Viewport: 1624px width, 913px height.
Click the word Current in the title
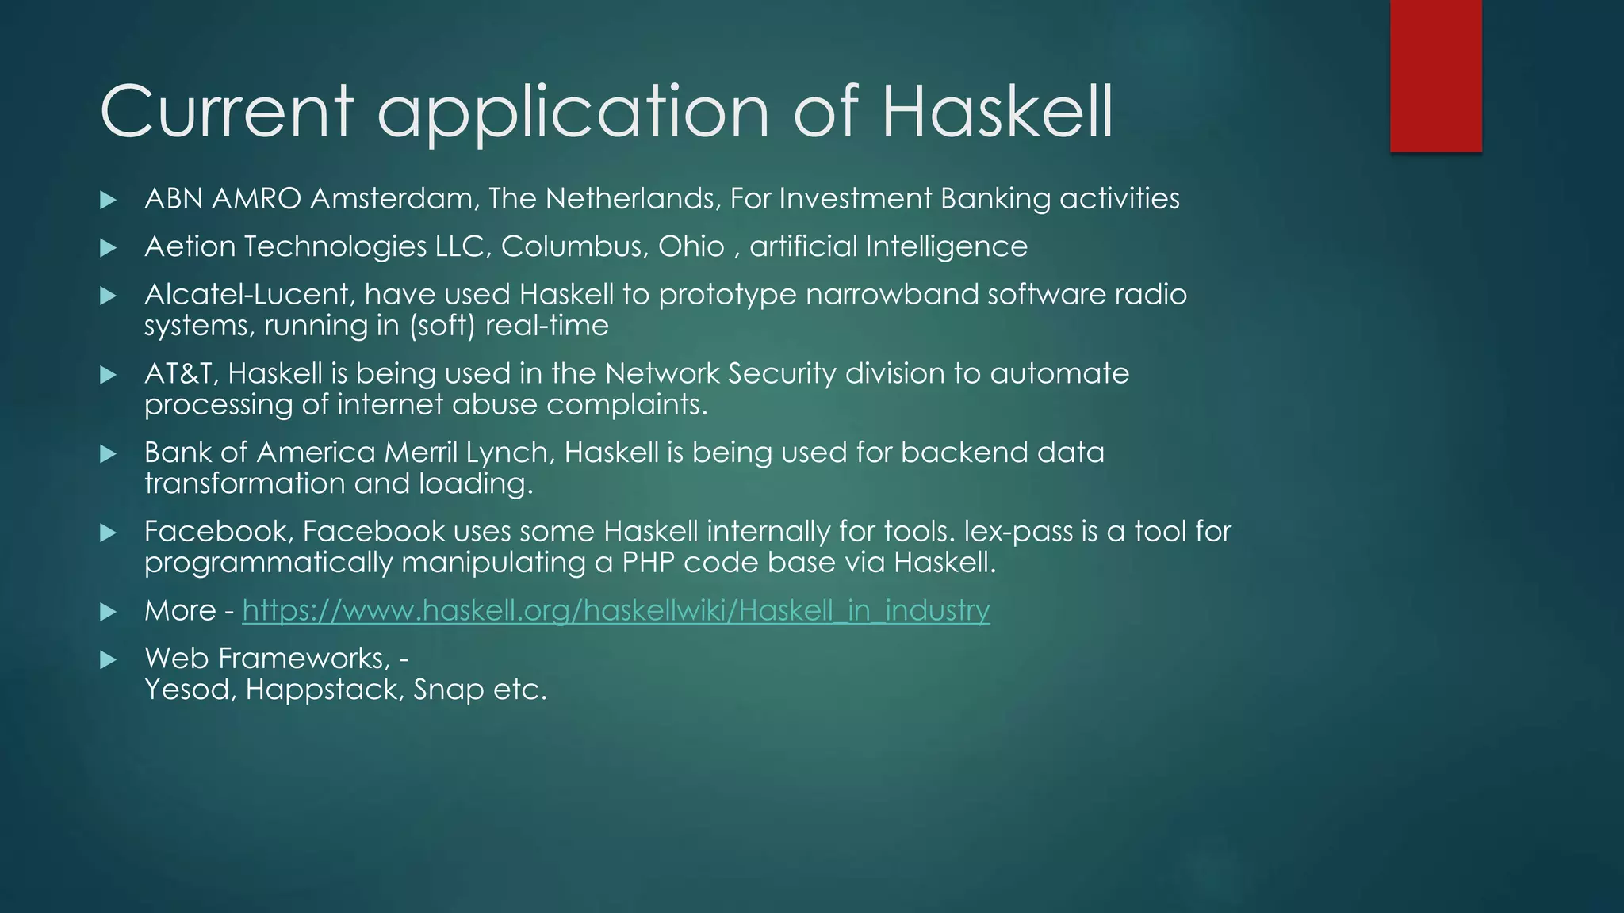coord(227,112)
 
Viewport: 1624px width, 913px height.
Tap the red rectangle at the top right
coord(1435,75)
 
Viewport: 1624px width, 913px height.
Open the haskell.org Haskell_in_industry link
coord(615,610)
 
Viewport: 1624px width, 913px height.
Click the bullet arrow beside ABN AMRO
coord(109,200)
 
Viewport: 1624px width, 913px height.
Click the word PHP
coord(648,563)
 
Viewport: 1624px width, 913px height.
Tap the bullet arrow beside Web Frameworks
coord(109,660)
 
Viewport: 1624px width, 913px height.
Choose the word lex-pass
coord(1018,532)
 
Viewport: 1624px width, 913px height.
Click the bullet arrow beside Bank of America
coord(109,454)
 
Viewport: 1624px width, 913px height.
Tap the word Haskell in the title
coord(998,112)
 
